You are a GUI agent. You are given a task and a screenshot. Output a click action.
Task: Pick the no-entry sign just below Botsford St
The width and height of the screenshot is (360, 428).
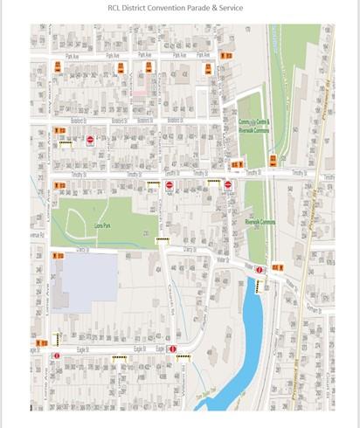[90, 139]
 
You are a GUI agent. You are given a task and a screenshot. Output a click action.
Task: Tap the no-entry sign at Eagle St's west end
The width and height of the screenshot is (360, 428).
[57, 356]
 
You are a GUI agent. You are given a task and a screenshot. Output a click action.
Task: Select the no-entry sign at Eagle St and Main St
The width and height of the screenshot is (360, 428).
[173, 349]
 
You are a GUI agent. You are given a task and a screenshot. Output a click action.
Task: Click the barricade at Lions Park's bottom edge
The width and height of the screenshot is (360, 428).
[162, 239]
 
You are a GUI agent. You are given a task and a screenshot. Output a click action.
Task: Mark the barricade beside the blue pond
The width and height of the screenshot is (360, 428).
[260, 286]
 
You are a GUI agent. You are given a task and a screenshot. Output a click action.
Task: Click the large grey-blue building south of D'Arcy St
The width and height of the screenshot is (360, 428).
[85, 281]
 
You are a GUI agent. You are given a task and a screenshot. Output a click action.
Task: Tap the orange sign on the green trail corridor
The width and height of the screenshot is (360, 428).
[273, 160]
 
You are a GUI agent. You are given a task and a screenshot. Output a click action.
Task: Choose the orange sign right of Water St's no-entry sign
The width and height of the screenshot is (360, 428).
[276, 266]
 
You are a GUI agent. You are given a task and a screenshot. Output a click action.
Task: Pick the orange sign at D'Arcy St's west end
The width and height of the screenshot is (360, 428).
[59, 256]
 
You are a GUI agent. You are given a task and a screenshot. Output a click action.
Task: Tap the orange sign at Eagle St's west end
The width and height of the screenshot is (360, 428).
[41, 342]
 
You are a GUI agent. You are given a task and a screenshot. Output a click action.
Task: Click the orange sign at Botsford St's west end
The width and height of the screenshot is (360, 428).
[59, 131]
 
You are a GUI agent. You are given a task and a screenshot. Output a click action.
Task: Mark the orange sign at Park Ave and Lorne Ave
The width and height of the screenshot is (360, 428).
[59, 66]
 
